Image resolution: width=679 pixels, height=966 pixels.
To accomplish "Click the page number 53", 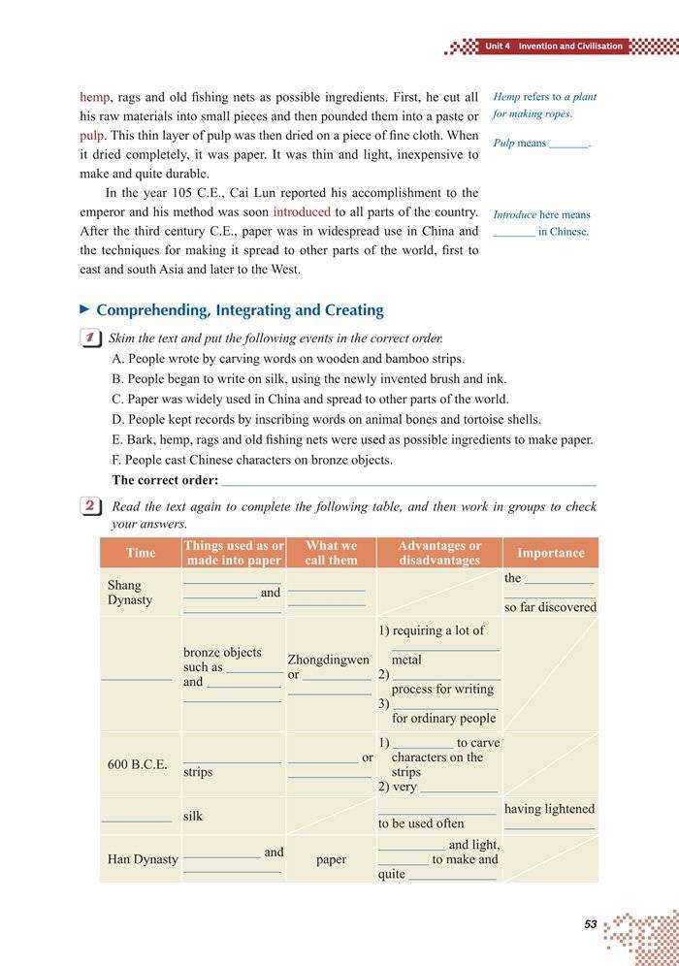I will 590,924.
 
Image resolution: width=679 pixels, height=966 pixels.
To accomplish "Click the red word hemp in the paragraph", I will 94,97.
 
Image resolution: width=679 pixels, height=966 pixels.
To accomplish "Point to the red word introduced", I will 302,211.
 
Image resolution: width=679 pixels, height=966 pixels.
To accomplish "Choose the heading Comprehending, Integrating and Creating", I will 240,310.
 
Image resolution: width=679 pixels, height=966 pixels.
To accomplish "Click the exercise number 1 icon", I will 89,338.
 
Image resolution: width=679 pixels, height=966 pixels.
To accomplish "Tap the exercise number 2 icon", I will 89,507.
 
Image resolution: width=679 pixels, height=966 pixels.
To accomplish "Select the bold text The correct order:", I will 165,480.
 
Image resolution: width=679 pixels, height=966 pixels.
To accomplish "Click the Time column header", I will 141,553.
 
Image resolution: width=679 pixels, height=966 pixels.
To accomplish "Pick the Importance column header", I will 551,553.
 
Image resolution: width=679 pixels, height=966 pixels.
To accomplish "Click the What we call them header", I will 331,553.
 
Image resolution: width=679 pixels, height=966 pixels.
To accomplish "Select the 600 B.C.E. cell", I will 137,764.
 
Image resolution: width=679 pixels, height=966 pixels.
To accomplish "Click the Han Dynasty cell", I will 143,859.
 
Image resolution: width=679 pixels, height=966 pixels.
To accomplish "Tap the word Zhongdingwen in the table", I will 329,660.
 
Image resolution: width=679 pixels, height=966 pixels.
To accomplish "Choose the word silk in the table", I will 193,817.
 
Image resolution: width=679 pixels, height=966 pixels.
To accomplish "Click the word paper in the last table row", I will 331,859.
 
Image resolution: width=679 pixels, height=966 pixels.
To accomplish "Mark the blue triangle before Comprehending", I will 84,309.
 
